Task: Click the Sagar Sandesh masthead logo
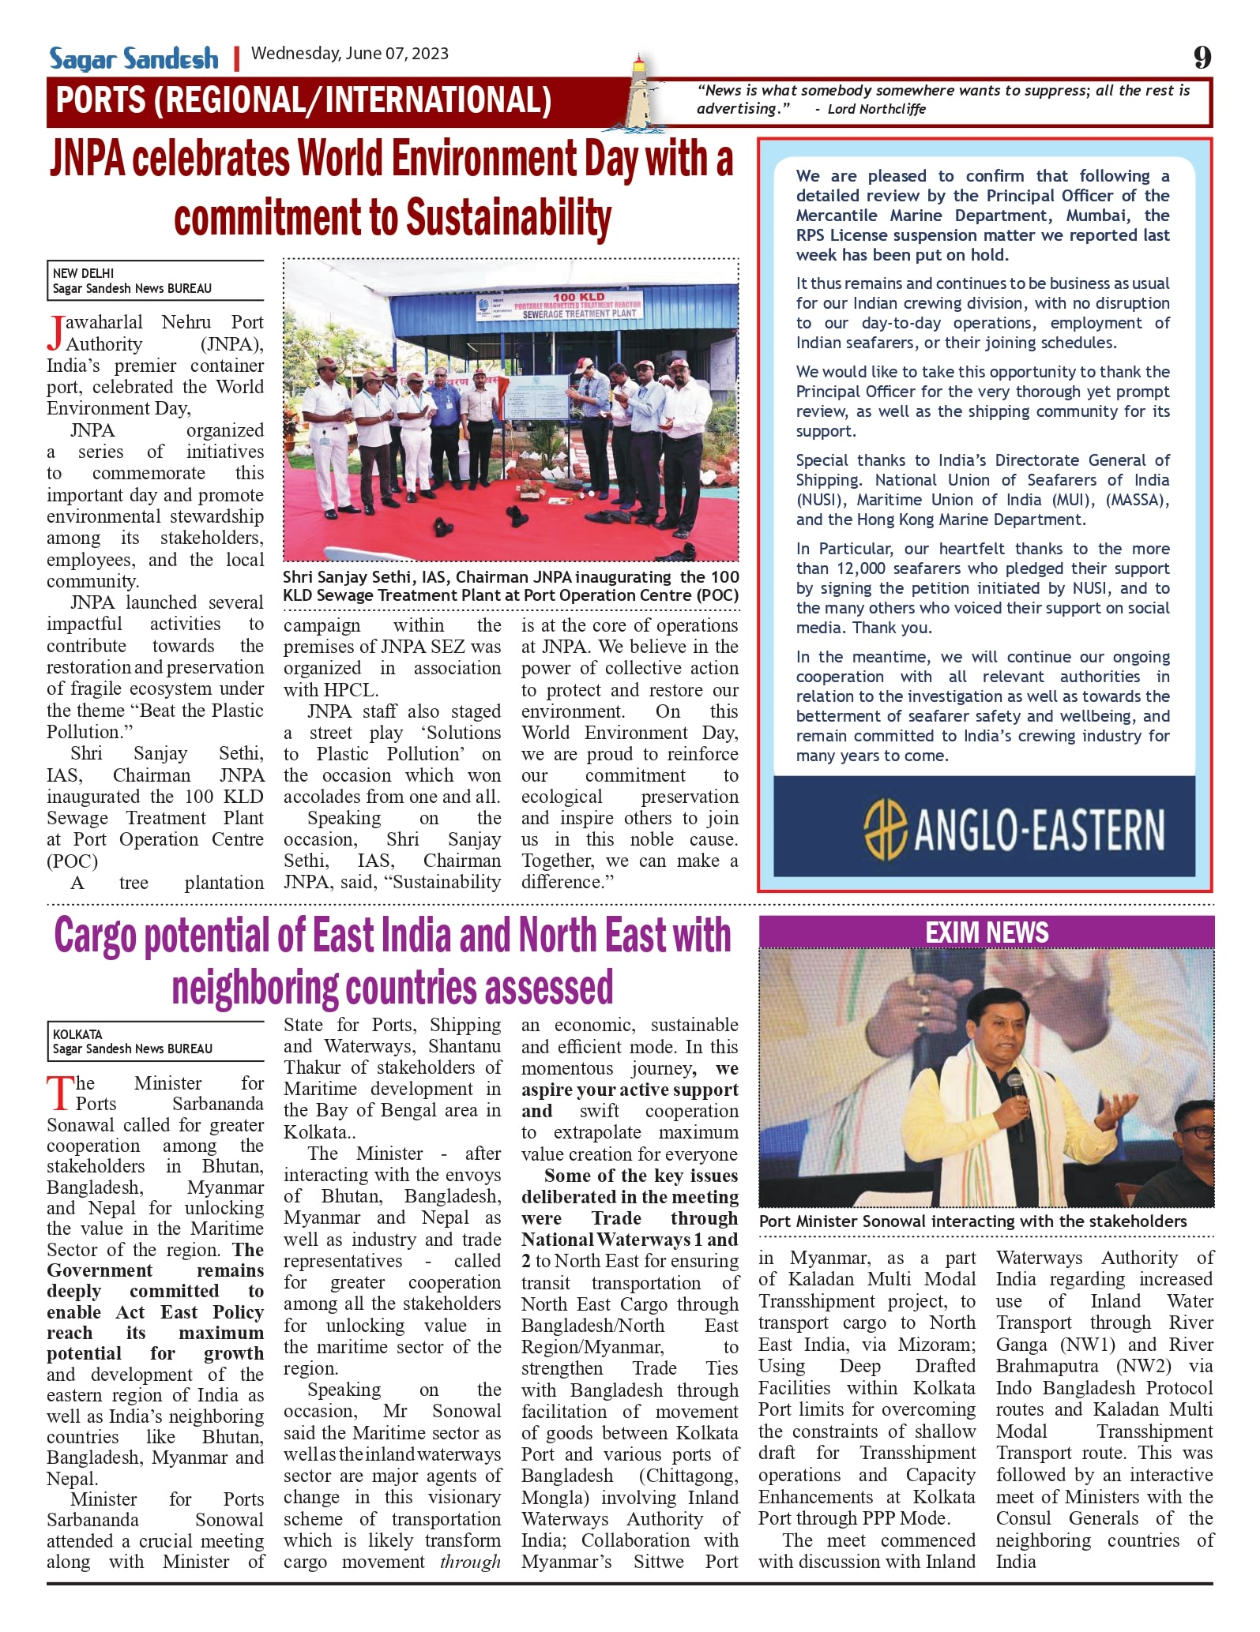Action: pos(134,58)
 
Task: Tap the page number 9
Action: pos(1202,57)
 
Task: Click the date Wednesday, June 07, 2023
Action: pos(349,54)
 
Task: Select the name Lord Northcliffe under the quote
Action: pos(876,109)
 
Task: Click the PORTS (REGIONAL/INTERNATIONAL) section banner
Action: pos(303,101)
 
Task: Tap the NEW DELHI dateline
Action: pos(83,273)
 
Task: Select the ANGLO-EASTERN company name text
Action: pos(1040,830)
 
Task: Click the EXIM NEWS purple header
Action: pos(987,932)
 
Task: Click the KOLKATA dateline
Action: pos(77,1034)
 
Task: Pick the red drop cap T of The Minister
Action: pos(59,1094)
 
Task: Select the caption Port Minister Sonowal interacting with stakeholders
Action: pos(972,1221)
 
